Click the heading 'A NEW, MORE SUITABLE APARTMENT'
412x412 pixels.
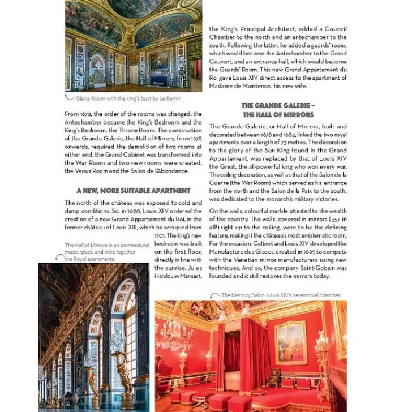click(x=133, y=191)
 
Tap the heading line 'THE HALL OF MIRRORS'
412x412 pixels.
click(x=278, y=114)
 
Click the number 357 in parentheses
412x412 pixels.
click(x=327, y=219)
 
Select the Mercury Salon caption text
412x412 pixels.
click(x=281, y=295)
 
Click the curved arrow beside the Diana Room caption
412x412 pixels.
click(x=70, y=98)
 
